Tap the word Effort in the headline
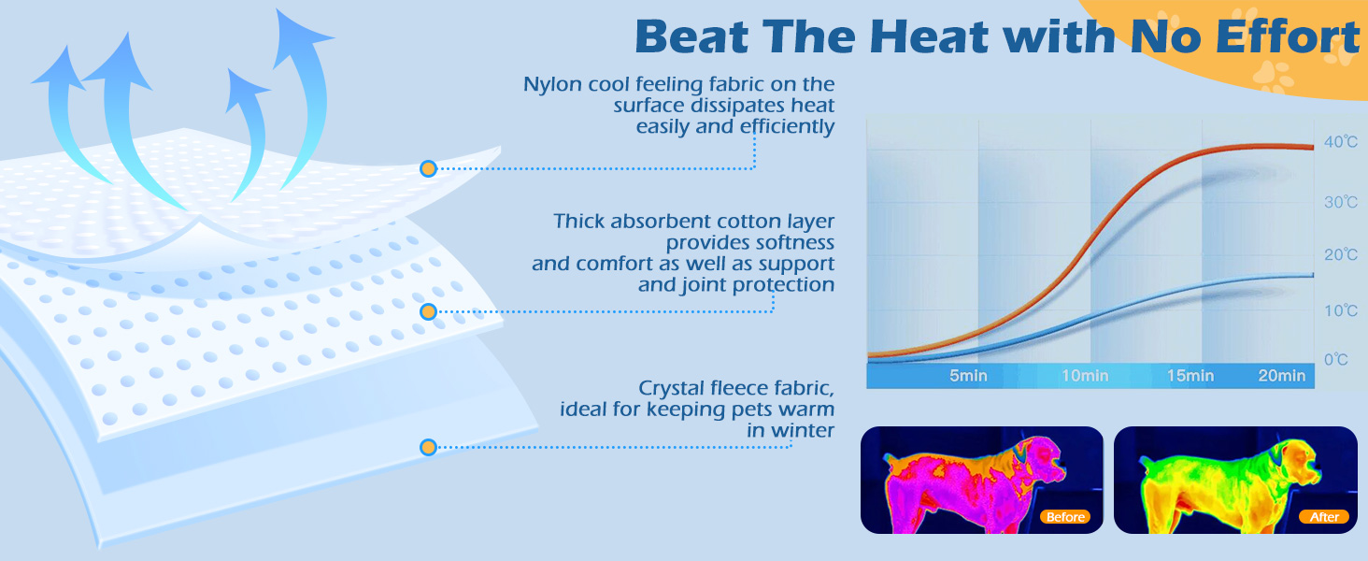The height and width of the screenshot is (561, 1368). click(1287, 36)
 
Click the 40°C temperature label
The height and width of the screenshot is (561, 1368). click(1341, 142)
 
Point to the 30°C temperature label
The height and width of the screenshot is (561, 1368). click(1341, 202)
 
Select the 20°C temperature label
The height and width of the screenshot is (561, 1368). click(1341, 255)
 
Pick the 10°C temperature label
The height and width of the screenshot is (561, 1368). click(1341, 311)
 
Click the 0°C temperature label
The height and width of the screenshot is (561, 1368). click(1335, 360)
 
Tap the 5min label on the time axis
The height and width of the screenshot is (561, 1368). click(968, 376)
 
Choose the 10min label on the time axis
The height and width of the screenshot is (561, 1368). click(1085, 376)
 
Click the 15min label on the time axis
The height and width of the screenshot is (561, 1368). click(1190, 376)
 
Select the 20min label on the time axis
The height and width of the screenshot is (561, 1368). click(1282, 376)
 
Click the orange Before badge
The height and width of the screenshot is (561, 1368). click(1065, 517)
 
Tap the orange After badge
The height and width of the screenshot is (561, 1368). click(1324, 517)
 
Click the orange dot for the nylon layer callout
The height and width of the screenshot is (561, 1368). click(428, 168)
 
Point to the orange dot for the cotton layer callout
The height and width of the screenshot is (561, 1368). click(428, 311)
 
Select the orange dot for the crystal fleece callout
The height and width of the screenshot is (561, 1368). click(428, 447)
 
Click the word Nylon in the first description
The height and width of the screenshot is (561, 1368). click(552, 85)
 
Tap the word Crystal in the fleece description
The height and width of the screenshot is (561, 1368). click(670, 389)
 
